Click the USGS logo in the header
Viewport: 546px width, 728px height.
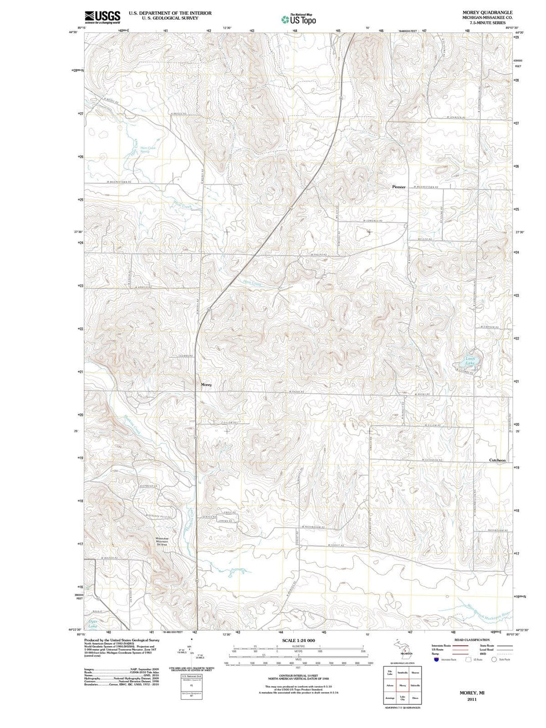click(x=103, y=17)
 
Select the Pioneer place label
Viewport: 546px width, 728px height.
click(x=399, y=187)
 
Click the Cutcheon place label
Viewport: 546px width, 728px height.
click(x=497, y=460)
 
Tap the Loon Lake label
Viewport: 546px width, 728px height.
click(x=470, y=361)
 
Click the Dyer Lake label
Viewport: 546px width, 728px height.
click(x=93, y=623)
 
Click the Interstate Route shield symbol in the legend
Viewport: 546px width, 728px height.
click(x=435, y=660)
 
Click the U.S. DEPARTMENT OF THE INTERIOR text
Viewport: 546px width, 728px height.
click(x=170, y=13)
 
